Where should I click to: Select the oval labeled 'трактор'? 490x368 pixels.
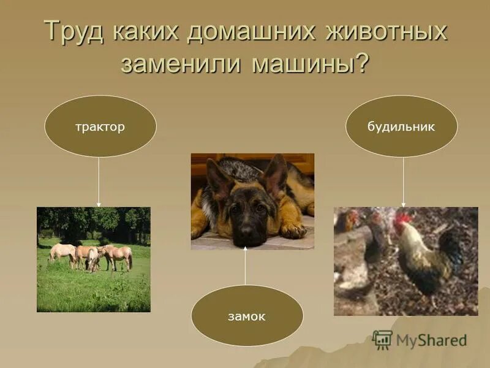coord(100,127)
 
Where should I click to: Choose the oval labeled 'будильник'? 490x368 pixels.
coord(401,127)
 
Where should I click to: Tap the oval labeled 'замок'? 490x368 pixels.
coord(247,316)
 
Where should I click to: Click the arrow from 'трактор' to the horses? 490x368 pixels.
coord(99,182)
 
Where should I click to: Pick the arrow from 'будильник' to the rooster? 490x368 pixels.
coord(403,182)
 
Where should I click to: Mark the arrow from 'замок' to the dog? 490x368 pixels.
coord(246,267)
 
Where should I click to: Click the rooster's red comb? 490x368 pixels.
coord(401,219)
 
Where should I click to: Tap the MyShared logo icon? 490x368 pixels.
coord(382,340)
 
